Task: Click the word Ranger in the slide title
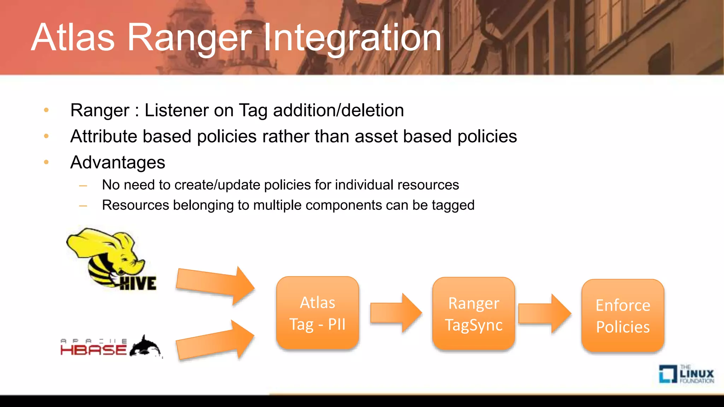click(189, 38)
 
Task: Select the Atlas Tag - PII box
click(317, 313)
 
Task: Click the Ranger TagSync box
click(473, 314)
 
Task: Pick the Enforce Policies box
click(623, 315)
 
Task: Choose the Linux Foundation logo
click(686, 374)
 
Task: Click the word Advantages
click(118, 163)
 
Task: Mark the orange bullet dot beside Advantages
click(46, 162)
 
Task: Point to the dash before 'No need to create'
click(83, 185)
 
